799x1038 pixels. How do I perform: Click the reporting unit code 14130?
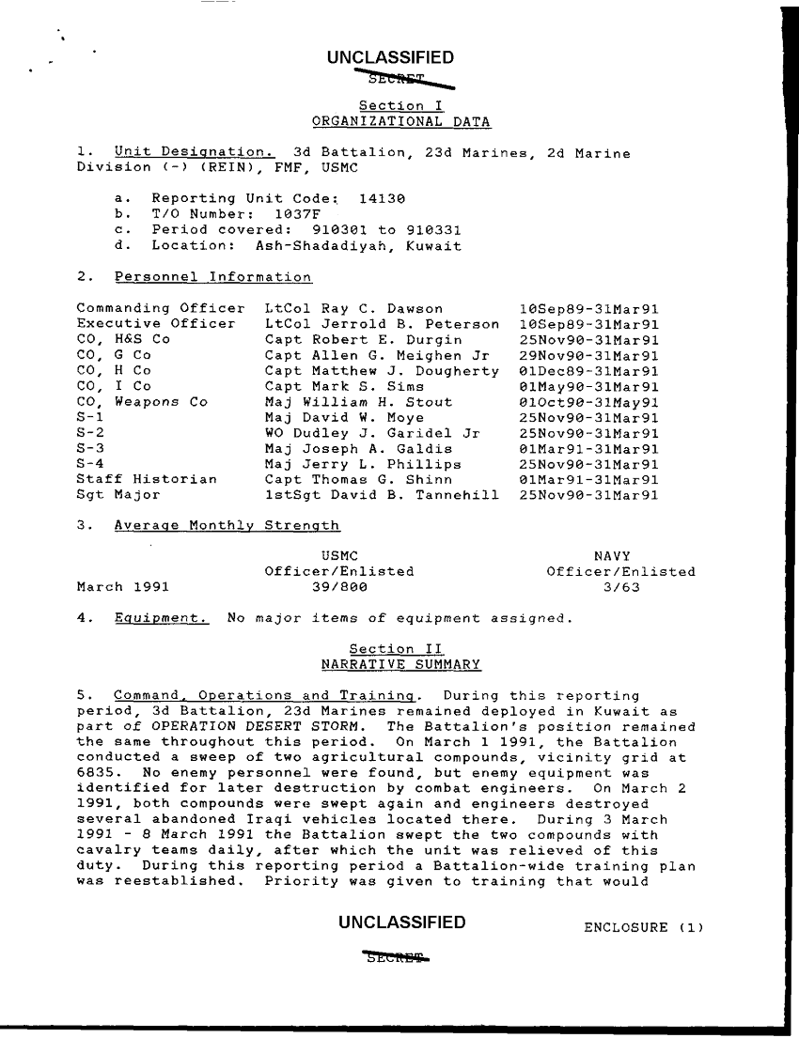[x=382, y=199]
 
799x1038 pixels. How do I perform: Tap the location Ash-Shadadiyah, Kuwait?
[x=358, y=246]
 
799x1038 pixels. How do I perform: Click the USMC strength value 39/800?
[x=338, y=587]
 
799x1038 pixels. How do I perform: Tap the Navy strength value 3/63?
[x=620, y=587]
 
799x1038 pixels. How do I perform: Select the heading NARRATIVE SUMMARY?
[x=400, y=665]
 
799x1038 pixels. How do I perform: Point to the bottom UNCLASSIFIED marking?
[x=401, y=922]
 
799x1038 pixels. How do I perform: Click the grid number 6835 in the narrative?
[x=95, y=773]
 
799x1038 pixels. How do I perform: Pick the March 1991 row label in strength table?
[x=122, y=587]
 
